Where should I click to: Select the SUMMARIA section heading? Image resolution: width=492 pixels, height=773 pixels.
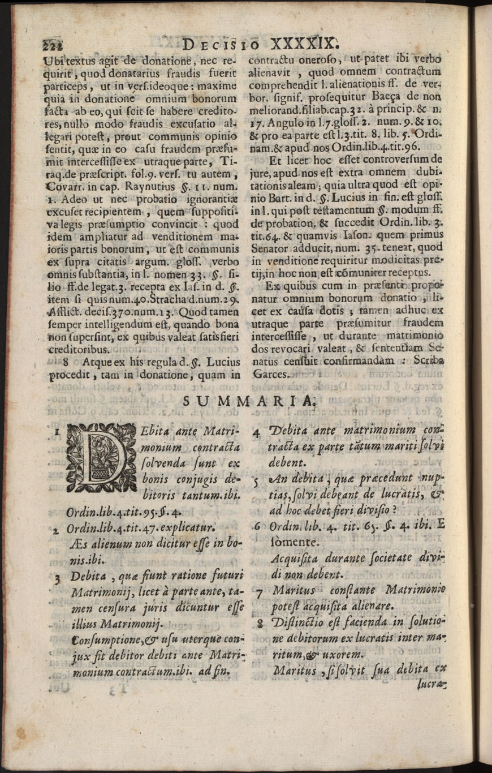[x=249, y=401]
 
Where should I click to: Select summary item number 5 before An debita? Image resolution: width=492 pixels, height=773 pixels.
[x=256, y=482]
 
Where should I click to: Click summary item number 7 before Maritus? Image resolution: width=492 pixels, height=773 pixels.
[x=258, y=594]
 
